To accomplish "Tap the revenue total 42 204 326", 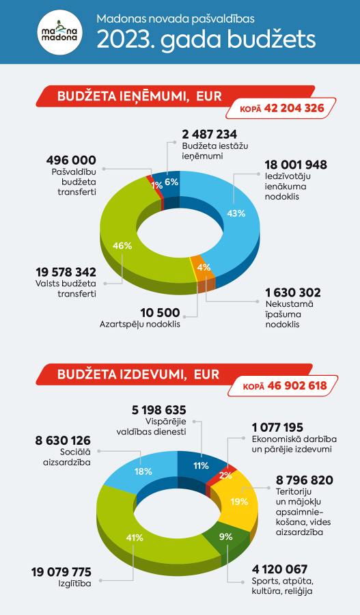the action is tap(294, 108).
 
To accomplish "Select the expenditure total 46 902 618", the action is tap(297, 385).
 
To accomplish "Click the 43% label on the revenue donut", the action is tap(236, 213).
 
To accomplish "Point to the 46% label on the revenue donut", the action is tap(122, 246).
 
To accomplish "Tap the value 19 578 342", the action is tap(66, 272).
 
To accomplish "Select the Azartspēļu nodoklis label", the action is tap(139, 325).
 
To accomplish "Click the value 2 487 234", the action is tap(210, 135).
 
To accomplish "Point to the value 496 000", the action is tap(71, 160).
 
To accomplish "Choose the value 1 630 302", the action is tap(293, 292).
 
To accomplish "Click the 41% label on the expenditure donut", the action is tap(135, 538).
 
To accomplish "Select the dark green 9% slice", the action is tap(226, 538).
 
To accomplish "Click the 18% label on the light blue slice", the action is tap(143, 471).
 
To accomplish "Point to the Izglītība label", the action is tap(74, 584).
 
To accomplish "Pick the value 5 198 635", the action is tap(158, 410).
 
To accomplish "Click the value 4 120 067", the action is tap(279, 569).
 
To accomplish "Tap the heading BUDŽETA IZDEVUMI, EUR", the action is tap(138, 374).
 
